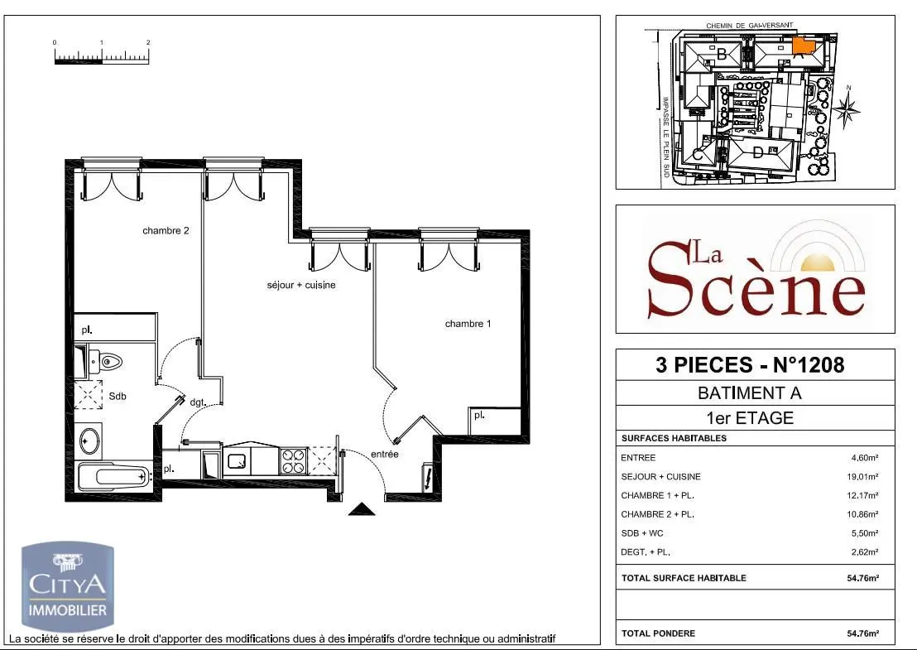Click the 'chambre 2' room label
pyautogui.click(x=166, y=231)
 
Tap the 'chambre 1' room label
pyautogui.click(x=468, y=324)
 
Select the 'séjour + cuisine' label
pyautogui.click(x=300, y=285)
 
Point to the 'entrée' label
pyautogui.click(x=385, y=454)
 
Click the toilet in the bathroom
pyautogui.click(x=107, y=361)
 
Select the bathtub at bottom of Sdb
pyautogui.click(x=113, y=476)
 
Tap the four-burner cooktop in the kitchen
pyautogui.click(x=294, y=460)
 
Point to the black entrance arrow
pyautogui.click(x=362, y=509)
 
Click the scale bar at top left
pyautogui.click(x=101, y=56)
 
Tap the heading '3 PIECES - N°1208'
pyautogui.click(x=750, y=364)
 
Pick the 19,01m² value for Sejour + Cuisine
pyautogui.click(x=865, y=476)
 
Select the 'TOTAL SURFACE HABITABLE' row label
pyautogui.click(x=684, y=578)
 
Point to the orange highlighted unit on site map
pyautogui.click(x=802, y=45)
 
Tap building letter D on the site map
pyautogui.click(x=757, y=153)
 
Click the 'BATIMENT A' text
pyautogui.click(x=750, y=393)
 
